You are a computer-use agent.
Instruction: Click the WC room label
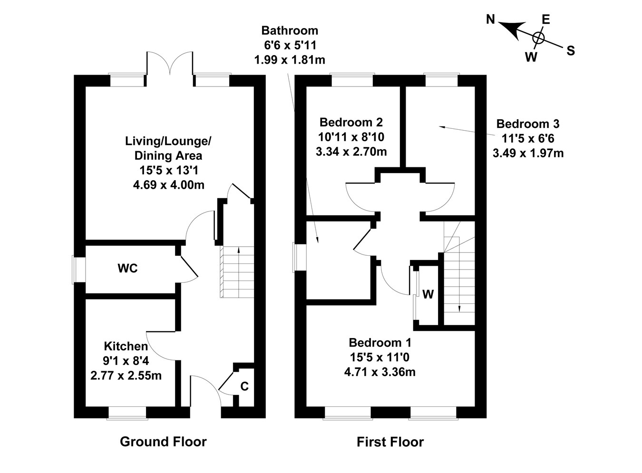(127, 269)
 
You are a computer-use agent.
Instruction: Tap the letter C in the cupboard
(244, 386)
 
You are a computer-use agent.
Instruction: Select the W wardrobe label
(428, 295)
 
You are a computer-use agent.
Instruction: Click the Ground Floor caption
(163, 442)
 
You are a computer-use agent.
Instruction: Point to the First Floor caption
(390, 442)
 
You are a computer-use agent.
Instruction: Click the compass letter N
(491, 19)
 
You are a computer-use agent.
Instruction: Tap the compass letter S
(571, 50)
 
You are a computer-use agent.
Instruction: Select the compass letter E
(545, 19)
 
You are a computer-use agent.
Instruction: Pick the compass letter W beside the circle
(531, 57)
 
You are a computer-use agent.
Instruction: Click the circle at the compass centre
(538, 37)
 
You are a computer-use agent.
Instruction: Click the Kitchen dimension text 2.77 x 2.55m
(126, 376)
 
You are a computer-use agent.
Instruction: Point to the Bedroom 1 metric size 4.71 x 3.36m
(379, 372)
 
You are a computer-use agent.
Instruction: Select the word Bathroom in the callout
(290, 31)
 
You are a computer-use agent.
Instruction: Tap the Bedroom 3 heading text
(528, 124)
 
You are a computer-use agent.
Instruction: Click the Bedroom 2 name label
(351, 122)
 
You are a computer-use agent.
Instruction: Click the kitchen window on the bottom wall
(127, 412)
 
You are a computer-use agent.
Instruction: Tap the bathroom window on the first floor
(299, 257)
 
